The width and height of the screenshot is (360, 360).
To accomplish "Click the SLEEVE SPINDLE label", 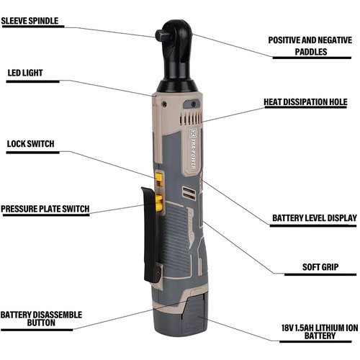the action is click(30, 21).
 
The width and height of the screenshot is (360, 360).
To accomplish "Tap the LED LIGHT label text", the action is click(25, 73).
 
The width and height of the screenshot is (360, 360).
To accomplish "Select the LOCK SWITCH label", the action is click(30, 144).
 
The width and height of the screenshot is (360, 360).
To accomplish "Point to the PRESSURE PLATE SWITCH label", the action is click(45, 209).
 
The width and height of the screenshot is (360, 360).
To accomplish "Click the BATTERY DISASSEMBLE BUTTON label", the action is click(41, 319).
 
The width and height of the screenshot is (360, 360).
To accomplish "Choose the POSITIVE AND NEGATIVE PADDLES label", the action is click(310, 46).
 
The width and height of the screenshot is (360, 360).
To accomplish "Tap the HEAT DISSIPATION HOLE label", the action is click(305, 102).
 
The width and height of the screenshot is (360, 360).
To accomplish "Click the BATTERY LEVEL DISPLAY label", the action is click(315, 218).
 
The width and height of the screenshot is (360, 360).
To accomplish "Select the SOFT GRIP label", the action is click(320, 267).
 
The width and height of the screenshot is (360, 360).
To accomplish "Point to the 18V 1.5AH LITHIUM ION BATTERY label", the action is click(320, 332).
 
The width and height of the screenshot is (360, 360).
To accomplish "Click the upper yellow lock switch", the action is click(158, 178).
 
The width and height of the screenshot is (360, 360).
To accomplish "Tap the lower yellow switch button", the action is click(159, 203).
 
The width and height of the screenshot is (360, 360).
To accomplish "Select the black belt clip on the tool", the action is click(150, 234).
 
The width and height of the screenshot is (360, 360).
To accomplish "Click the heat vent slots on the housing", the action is click(191, 118).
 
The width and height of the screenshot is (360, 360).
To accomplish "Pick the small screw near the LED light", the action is click(164, 104).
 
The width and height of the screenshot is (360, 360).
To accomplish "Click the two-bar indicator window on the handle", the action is click(189, 194).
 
